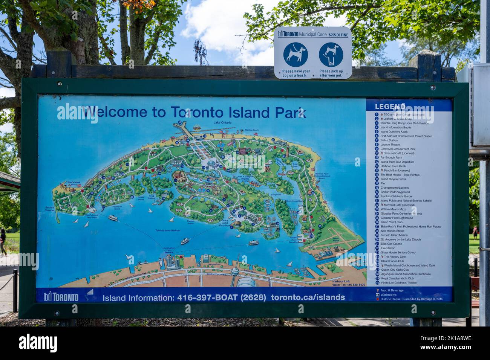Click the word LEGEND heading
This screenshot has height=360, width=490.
pos(390,107)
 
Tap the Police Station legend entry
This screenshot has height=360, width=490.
pos(389,140)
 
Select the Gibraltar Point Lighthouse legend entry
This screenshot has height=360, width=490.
pos(396,218)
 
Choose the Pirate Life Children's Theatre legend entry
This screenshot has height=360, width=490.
pos(398,282)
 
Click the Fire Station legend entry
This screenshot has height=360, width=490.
pos(387,248)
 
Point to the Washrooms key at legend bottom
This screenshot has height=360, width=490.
pos(388,294)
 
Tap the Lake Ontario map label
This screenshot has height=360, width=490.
pos(222,123)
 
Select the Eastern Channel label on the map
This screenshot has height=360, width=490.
pos(50,209)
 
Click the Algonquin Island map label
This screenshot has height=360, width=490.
pos(117,207)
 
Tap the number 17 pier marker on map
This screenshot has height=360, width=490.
pos(180,122)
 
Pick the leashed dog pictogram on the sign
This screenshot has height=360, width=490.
pos(296,55)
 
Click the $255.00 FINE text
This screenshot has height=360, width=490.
pos(338,35)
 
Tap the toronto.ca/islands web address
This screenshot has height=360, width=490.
pos(308,297)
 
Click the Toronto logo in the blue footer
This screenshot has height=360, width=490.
pos(61,297)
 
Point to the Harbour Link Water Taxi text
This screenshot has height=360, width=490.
pos(348,283)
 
